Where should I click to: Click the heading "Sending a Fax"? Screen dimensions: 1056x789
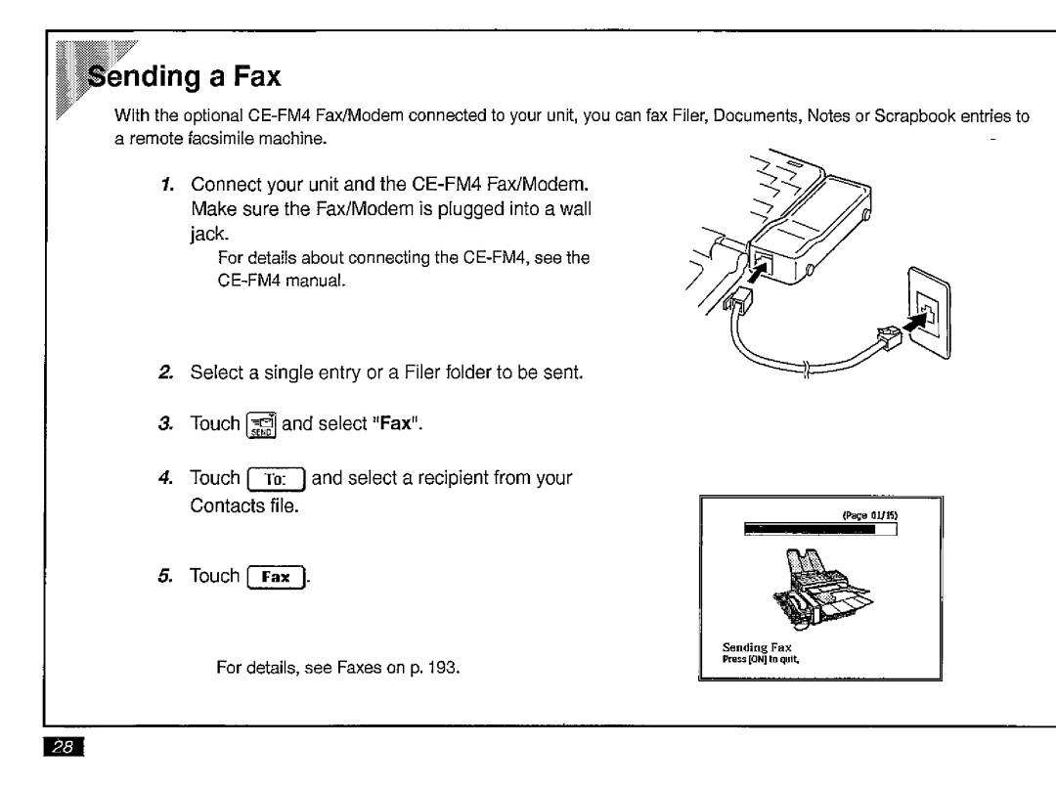184,76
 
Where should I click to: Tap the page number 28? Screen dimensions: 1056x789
64,747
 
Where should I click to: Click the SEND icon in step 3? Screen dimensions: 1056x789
261,424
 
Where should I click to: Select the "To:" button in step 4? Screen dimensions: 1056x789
276,479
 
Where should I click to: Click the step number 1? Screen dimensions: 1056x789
168,185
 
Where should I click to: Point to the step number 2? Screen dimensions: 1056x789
165,373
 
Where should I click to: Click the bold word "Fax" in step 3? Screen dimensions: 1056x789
395,423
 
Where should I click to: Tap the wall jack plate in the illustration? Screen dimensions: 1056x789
930,313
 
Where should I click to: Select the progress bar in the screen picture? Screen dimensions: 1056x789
820,529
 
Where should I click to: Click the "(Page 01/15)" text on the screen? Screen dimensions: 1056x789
869,515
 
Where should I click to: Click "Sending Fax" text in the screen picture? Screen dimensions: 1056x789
756,647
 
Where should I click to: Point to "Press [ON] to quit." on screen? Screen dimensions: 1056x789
761,659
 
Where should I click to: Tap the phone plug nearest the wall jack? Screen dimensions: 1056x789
889,337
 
